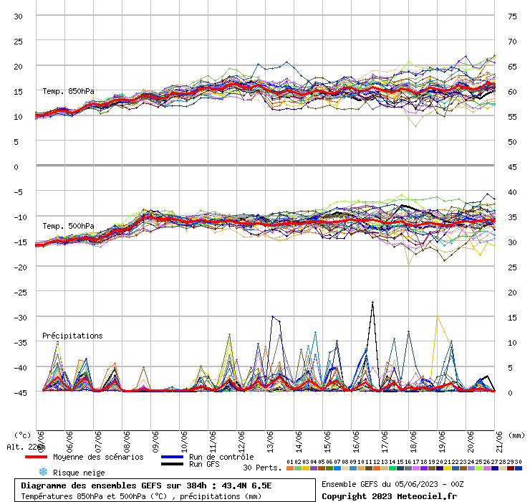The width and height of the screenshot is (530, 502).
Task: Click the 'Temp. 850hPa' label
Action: tap(68, 91)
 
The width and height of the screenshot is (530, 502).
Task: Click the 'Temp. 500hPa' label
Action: tap(68, 227)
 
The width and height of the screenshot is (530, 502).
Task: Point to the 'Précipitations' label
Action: tap(72, 336)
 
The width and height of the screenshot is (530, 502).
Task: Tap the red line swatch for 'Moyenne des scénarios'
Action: tap(36, 457)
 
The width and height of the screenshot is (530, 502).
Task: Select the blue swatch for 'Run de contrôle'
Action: tap(173, 457)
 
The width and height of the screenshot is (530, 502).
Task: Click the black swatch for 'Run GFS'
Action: tap(173, 465)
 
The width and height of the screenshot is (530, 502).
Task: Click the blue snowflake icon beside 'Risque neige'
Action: tap(43, 473)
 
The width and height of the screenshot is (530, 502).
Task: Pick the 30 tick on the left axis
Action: tap(19, 16)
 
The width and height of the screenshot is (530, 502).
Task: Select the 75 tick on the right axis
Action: tap(513, 16)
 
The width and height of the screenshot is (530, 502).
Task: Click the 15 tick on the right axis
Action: tap(513, 317)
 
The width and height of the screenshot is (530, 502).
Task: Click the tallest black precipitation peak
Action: tap(372, 303)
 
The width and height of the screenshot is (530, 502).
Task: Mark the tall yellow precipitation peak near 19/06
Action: tap(438, 316)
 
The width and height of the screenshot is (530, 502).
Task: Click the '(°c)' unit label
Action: tap(22, 435)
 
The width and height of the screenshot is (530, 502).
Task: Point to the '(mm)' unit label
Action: tap(516, 435)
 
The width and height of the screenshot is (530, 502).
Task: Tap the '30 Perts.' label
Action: tap(261, 468)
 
